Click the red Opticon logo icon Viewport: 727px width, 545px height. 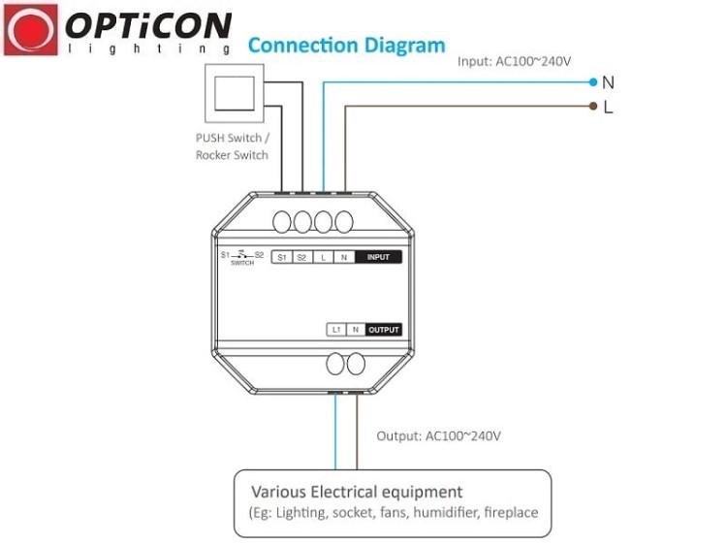pos(31,30)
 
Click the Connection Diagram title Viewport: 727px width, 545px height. pos(346,46)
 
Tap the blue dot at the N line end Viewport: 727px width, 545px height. pos(593,82)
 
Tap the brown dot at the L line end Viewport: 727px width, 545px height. pos(593,107)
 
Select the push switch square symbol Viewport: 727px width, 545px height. pos(235,93)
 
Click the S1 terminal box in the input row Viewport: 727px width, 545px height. pos(282,257)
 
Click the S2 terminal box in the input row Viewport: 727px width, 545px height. pos(302,257)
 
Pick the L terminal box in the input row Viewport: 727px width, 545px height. pos(323,257)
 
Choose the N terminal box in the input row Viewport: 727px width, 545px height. pos(344,257)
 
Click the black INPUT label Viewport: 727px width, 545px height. pos(378,257)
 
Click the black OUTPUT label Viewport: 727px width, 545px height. pos(384,330)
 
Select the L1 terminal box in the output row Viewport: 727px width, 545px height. pos(336,330)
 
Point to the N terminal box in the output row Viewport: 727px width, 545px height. pos(356,330)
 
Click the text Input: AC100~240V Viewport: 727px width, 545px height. pos(514,61)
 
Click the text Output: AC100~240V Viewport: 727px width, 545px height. pos(438,436)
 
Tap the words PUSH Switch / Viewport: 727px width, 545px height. pos(233,138)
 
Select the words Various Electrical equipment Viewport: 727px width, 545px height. pos(357,492)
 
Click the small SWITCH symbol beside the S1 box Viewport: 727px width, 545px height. pos(242,257)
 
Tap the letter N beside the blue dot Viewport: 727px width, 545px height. pos(609,82)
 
